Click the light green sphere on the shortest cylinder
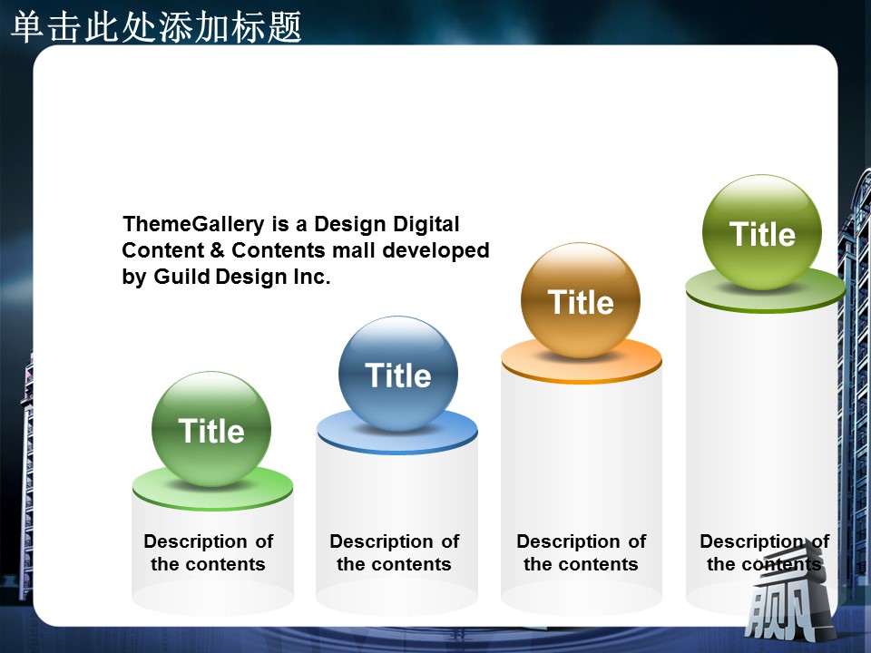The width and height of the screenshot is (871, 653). (x=211, y=429)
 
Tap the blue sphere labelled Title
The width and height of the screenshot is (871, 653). (x=398, y=374)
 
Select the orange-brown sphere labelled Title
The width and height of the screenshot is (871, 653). (x=581, y=300)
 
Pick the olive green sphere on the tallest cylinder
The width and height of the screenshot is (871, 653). (x=762, y=232)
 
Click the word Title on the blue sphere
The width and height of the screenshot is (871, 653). (x=398, y=375)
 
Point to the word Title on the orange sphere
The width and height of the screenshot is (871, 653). (x=581, y=302)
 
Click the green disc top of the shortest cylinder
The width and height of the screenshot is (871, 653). (x=212, y=489)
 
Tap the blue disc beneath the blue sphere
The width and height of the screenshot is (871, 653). (x=397, y=433)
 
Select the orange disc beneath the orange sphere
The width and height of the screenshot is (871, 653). (x=582, y=361)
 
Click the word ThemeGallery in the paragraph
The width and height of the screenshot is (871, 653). (x=193, y=225)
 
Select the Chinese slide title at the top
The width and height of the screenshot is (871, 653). (x=156, y=26)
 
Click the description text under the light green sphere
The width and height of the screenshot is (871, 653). (x=209, y=552)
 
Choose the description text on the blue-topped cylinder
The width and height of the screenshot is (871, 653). (x=395, y=552)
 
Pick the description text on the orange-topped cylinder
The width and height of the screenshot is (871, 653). (x=581, y=552)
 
